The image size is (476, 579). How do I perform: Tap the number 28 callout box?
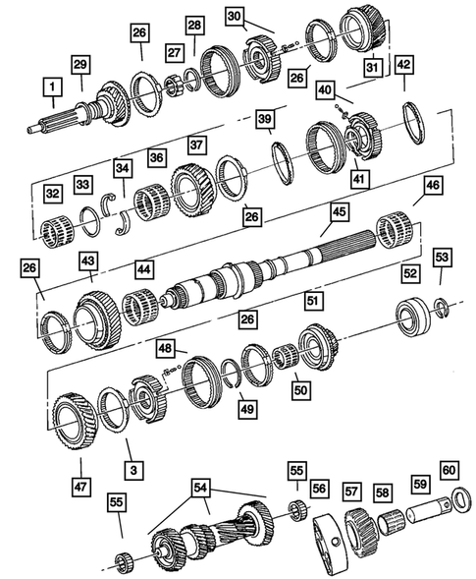point(194,25)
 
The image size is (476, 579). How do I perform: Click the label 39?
point(265,119)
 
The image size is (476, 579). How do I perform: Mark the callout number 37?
point(196,144)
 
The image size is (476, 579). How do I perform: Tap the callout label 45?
point(339,211)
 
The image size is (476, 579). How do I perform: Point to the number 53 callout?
point(444,285)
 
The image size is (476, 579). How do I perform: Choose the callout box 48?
point(166,349)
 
